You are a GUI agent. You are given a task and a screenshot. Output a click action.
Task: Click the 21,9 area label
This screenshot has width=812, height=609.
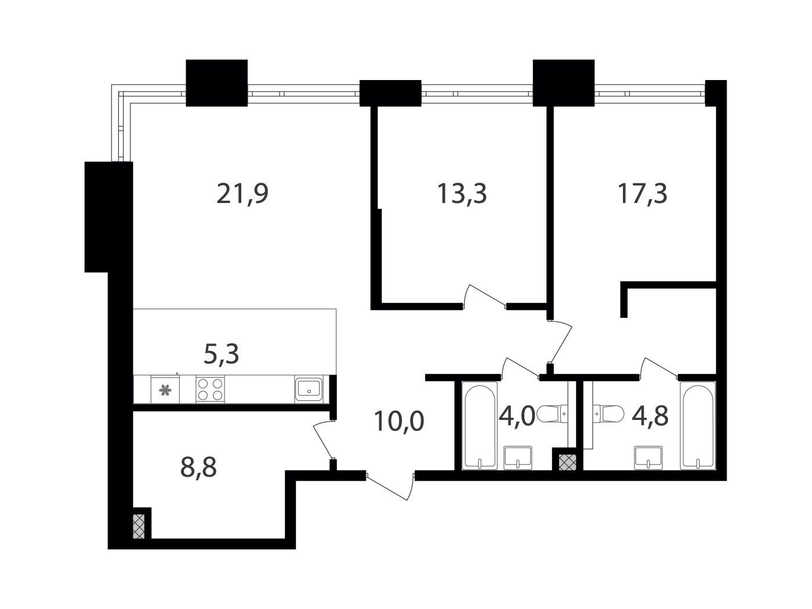click(242, 194)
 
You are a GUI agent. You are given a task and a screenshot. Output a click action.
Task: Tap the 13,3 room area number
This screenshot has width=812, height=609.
click(462, 194)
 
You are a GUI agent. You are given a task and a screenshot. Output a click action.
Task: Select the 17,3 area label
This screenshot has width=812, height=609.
click(643, 194)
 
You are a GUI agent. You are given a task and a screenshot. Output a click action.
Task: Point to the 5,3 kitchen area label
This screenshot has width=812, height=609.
click(222, 354)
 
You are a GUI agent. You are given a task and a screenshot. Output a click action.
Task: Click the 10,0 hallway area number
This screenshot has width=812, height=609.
click(399, 421)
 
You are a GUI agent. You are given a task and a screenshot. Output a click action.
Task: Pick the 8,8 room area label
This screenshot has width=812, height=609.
click(198, 467)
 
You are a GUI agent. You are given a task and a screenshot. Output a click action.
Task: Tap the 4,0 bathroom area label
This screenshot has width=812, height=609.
click(517, 416)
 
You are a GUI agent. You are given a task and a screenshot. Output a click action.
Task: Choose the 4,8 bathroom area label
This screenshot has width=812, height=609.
click(650, 416)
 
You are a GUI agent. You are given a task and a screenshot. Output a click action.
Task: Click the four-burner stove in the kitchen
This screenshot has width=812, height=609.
click(210, 389)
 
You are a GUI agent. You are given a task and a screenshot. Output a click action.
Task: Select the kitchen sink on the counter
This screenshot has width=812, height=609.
click(309, 389)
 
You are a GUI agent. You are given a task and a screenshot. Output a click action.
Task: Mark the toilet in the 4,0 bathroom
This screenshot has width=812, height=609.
click(551, 414)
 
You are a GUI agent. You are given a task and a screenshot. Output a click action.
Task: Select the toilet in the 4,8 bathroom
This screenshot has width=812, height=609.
click(608, 414)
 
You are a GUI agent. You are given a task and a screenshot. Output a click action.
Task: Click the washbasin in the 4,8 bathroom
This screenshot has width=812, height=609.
click(648, 458)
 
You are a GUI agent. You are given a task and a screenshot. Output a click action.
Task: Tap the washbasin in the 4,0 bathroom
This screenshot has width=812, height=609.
click(518, 458)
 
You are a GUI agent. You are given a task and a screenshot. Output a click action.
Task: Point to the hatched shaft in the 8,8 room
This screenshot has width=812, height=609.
click(139, 526)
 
